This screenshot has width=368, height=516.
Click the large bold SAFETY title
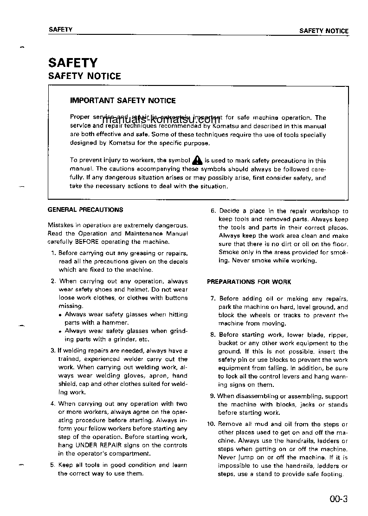pyautogui.click(x=73, y=63)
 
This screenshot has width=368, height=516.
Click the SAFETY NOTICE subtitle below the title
pyautogui.click(x=84, y=76)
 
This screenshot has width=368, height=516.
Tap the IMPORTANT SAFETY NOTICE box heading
pyautogui.click(x=123, y=100)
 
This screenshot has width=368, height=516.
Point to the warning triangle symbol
pyautogui.click(x=197, y=160)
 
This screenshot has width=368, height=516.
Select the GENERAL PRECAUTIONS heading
pyautogui.click(x=85, y=209)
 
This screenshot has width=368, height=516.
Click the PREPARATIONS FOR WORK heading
pyautogui.click(x=249, y=282)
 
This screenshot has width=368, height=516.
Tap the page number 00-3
pyautogui.click(x=338, y=500)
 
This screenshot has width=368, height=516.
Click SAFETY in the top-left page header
pyautogui.click(x=60, y=30)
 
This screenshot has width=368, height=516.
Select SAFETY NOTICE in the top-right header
pyautogui.click(x=323, y=31)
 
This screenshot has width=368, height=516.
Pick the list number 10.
pyautogui.click(x=211, y=424)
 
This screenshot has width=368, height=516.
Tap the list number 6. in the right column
pyautogui.click(x=213, y=211)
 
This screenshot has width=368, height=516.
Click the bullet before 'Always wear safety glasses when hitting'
pyautogui.click(x=60, y=315)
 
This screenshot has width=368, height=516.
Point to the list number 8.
pyautogui.click(x=213, y=334)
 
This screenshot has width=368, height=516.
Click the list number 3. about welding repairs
pyautogui.click(x=53, y=351)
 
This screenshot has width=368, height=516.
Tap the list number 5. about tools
pyautogui.click(x=53, y=465)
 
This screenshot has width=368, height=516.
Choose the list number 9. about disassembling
pyautogui.click(x=213, y=396)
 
